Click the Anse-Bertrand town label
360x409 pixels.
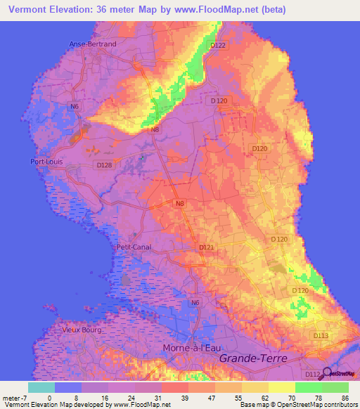[92, 44]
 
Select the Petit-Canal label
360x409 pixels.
[134, 247]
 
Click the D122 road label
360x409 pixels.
[219, 46]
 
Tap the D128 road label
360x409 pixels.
[103, 165]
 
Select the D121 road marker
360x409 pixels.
[206, 247]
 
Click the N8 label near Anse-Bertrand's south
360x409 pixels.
[155, 129]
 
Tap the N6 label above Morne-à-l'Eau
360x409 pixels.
[195, 302]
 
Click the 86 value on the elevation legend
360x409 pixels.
[345, 398]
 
